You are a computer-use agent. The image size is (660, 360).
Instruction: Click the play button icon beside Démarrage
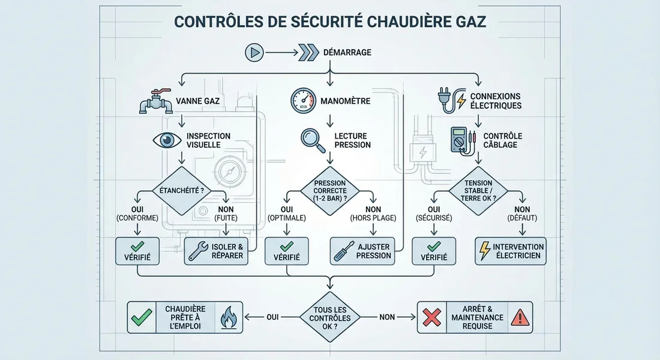tap(254, 53)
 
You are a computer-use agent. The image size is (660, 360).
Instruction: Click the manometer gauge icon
tap(303, 100)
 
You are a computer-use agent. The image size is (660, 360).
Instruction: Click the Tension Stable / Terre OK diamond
tap(478, 192)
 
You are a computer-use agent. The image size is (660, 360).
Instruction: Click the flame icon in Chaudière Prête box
tap(228, 317)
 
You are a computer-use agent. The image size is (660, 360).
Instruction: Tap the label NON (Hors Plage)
tap(372, 213)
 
